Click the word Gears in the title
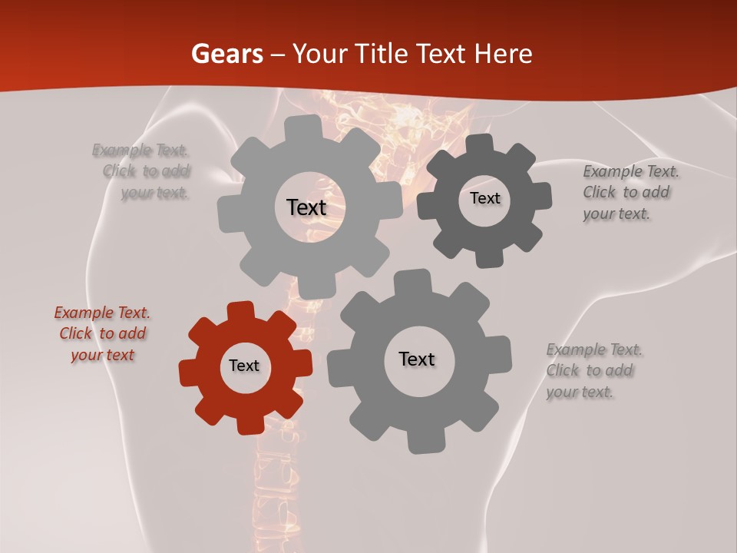(226, 54)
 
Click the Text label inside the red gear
(244, 366)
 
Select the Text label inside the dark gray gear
(484, 198)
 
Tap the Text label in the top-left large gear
(307, 207)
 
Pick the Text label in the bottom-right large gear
(417, 359)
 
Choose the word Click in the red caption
(76, 333)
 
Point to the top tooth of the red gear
(240, 310)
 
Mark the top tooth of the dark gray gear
(480, 144)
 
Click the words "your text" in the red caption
(102, 355)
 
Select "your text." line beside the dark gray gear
(616, 214)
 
